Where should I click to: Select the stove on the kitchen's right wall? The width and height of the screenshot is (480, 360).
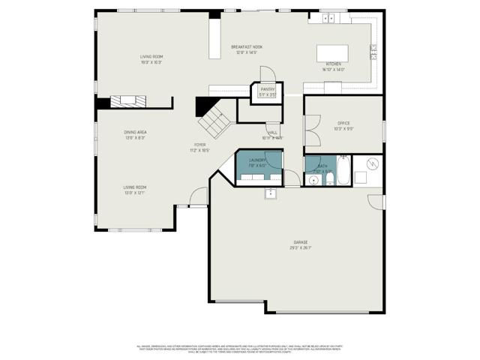coord(373,52)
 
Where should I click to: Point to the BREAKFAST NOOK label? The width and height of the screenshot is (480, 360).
coord(246,47)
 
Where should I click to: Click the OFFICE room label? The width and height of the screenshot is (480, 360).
coord(343,123)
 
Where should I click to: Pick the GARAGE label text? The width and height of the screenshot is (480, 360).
coord(299,242)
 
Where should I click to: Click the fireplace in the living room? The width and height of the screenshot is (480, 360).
coord(128,100)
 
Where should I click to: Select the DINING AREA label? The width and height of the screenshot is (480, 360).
coord(135,133)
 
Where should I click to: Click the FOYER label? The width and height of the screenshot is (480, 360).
coord(199,145)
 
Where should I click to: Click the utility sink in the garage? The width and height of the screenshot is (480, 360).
coord(270,193)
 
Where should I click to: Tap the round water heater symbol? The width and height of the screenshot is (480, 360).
coord(372,164)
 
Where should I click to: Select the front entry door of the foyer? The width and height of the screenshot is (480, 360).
coord(198,197)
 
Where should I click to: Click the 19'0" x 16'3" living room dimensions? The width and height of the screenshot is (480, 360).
coord(151,62)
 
